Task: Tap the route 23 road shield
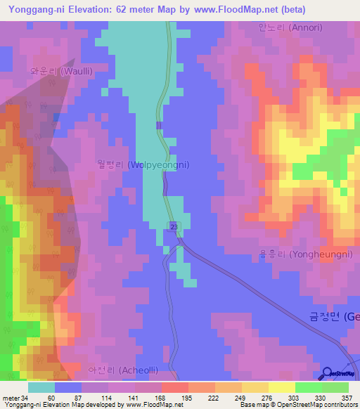click(173, 226)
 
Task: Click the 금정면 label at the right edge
click(334, 317)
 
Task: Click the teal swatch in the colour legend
click(41, 387)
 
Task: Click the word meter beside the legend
click(12, 398)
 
